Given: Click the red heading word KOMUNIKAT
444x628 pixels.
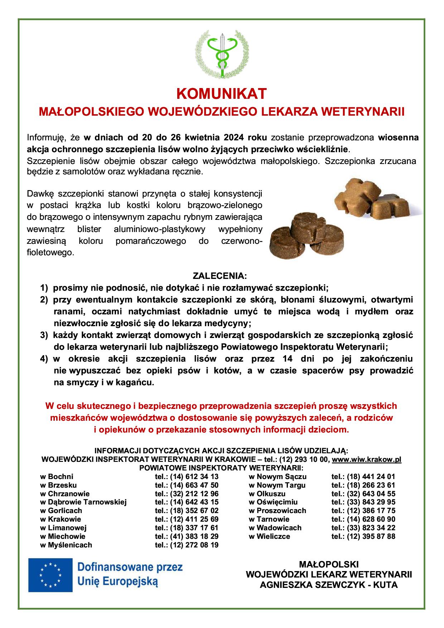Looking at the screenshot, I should click(x=222, y=94).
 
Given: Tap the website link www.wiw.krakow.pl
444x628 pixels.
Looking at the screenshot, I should click(x=367, y=459).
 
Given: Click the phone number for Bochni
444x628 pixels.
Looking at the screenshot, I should click(x=187, y=477).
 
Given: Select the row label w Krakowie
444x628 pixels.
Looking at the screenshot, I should click(x=61, y=519).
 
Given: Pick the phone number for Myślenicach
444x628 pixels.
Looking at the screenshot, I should click(x=187, y=545).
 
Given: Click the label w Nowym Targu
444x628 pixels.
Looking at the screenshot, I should click(x=277, y=485).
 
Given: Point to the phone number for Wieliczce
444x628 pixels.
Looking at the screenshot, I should click(x=363, y=536).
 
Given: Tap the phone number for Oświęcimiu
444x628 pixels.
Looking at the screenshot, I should click(x=363, y=502).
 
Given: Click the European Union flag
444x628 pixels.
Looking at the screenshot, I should click(x=50, y=575).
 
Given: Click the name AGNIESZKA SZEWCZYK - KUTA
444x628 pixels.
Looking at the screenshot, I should click(x=329, y=585).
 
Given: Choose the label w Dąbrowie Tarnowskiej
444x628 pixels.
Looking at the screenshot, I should click(x=83, y=502).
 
